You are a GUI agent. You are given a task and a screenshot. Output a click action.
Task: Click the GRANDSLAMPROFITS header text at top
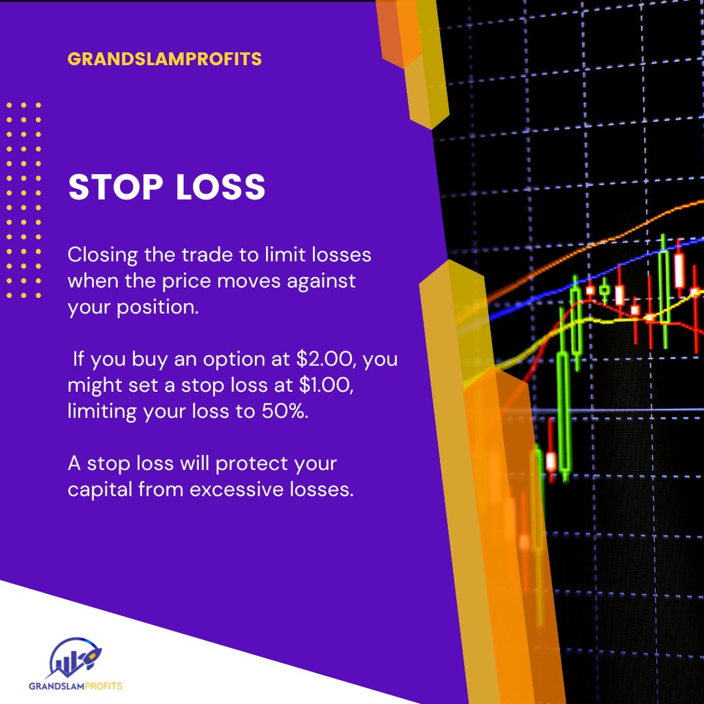164,59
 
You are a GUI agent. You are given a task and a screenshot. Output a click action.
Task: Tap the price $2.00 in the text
298,359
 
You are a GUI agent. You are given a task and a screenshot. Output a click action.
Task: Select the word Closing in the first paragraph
102,255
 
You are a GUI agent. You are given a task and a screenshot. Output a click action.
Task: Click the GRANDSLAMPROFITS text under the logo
75,686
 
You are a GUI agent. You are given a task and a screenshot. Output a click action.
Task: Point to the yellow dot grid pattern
24,199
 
